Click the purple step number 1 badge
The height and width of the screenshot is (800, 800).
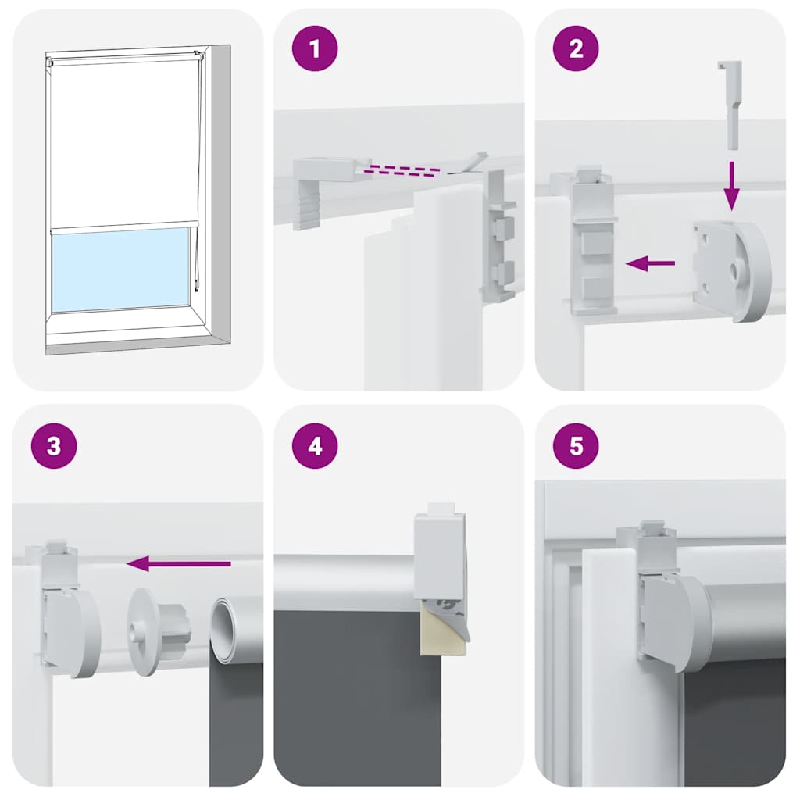(314, 48)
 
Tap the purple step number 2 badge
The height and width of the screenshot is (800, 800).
(576, 48)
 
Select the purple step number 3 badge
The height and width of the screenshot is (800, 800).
(53, 446)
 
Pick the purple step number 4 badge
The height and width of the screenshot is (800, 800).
(314, 446)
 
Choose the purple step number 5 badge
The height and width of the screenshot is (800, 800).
(576, 446)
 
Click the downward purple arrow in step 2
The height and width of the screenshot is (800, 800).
(730, 186)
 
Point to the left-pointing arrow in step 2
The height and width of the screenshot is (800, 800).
(650, 264)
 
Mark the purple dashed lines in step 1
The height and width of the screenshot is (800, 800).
(406, 169)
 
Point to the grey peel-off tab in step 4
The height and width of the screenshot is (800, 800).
(457, 617)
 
